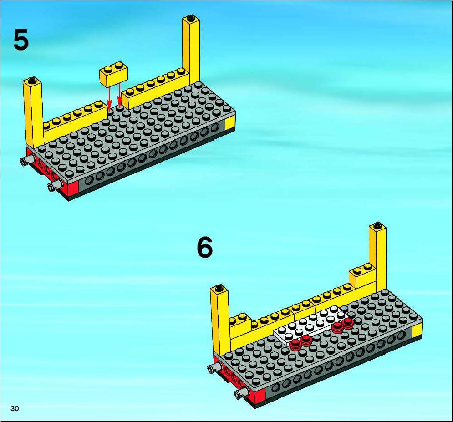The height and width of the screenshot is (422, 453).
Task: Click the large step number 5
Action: (x=21, y=40)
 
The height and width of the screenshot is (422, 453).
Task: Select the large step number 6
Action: (x=204, y=247)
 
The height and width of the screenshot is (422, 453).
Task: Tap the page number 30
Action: (x=15, y=408)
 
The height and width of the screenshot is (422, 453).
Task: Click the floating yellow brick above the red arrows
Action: (x=113, y=75)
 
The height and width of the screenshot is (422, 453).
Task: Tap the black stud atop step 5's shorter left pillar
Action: (x=32, y=80)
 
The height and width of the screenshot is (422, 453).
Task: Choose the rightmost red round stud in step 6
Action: (x=347, y=323)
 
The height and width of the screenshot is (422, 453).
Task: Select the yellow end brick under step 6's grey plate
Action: (x=417, y=330)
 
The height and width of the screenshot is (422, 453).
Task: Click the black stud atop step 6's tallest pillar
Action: (x=377, y=226)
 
